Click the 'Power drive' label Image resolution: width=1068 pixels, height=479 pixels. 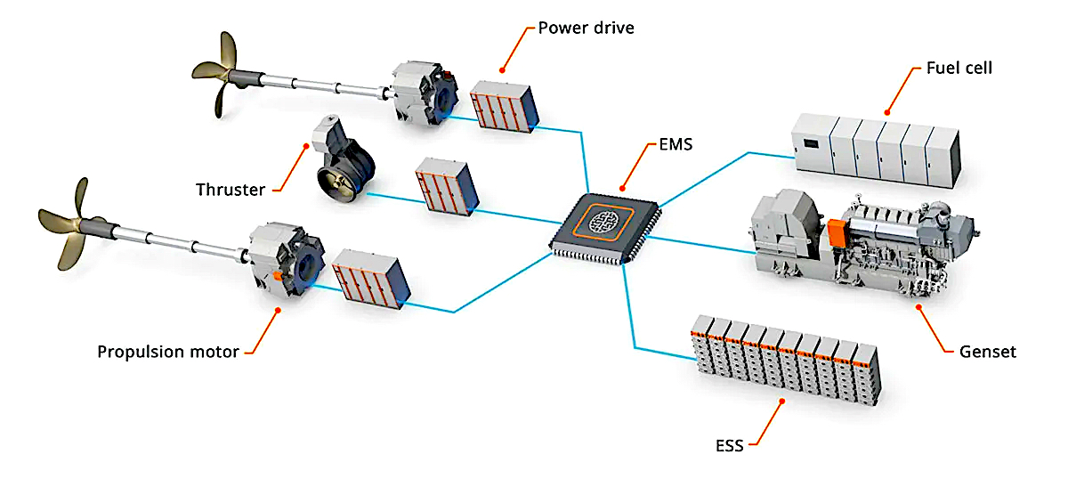[586, 28]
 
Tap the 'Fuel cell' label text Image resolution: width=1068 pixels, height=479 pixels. [959, 69]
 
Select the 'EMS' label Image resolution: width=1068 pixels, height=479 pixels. [676, 144]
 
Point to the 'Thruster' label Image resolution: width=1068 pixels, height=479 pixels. [231, 190]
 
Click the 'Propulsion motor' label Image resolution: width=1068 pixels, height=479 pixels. [168, 352]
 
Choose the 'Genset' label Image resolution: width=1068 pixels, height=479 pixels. [987, 352]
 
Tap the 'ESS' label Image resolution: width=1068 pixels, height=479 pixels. [730, 445]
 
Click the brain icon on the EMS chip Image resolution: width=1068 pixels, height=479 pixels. [603, 223]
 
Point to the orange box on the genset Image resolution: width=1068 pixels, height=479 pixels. [837, 233]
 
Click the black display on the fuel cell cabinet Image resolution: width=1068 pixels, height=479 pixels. [811, 143]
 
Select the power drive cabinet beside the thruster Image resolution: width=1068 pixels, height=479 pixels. [447, 187]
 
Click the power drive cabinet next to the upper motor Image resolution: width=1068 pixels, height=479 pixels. [505, 107]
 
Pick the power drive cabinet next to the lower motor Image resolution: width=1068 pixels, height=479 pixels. [371, 279]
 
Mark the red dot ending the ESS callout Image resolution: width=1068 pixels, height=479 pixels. [782, 402]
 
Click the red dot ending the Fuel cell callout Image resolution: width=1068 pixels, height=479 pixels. [886, 113]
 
